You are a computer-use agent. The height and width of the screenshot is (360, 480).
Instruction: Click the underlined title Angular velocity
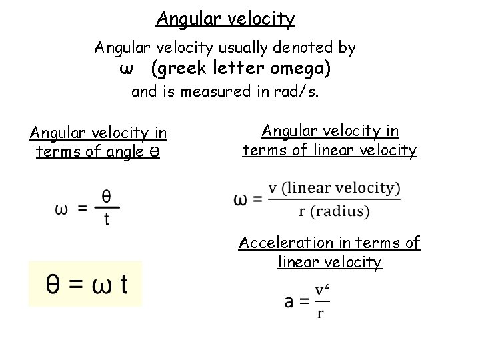(x=225, y=19)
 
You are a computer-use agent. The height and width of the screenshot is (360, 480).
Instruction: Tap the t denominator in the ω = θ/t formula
(x=106, y=221)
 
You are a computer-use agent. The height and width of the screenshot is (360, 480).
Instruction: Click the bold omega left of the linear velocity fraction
(x=241, y=199)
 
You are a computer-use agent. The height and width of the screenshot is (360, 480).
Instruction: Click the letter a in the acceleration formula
(x=291, y=301)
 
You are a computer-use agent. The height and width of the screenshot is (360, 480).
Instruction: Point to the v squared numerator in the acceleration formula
(x=321, y=290)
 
